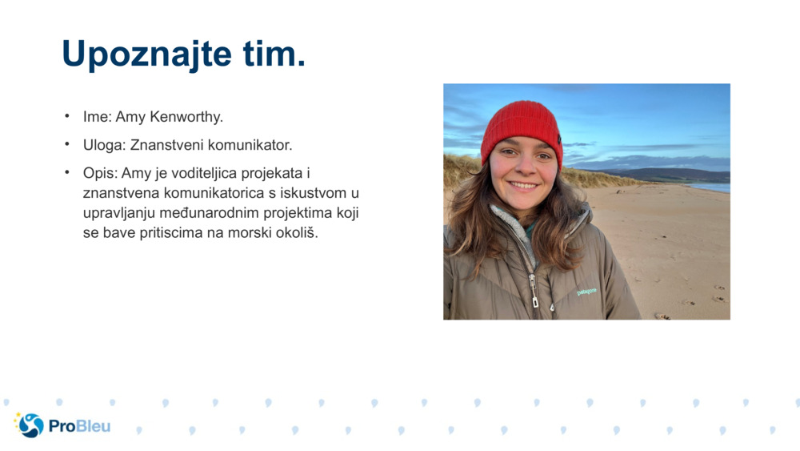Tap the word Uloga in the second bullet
tap(102, 146)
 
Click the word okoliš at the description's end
tap(295, 234)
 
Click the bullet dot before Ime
tap(68, 116)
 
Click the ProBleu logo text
tap(79, 426)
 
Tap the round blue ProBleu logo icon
tap(30, 425)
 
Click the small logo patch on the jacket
tap(586, 292)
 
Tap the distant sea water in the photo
tap(713, 187)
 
